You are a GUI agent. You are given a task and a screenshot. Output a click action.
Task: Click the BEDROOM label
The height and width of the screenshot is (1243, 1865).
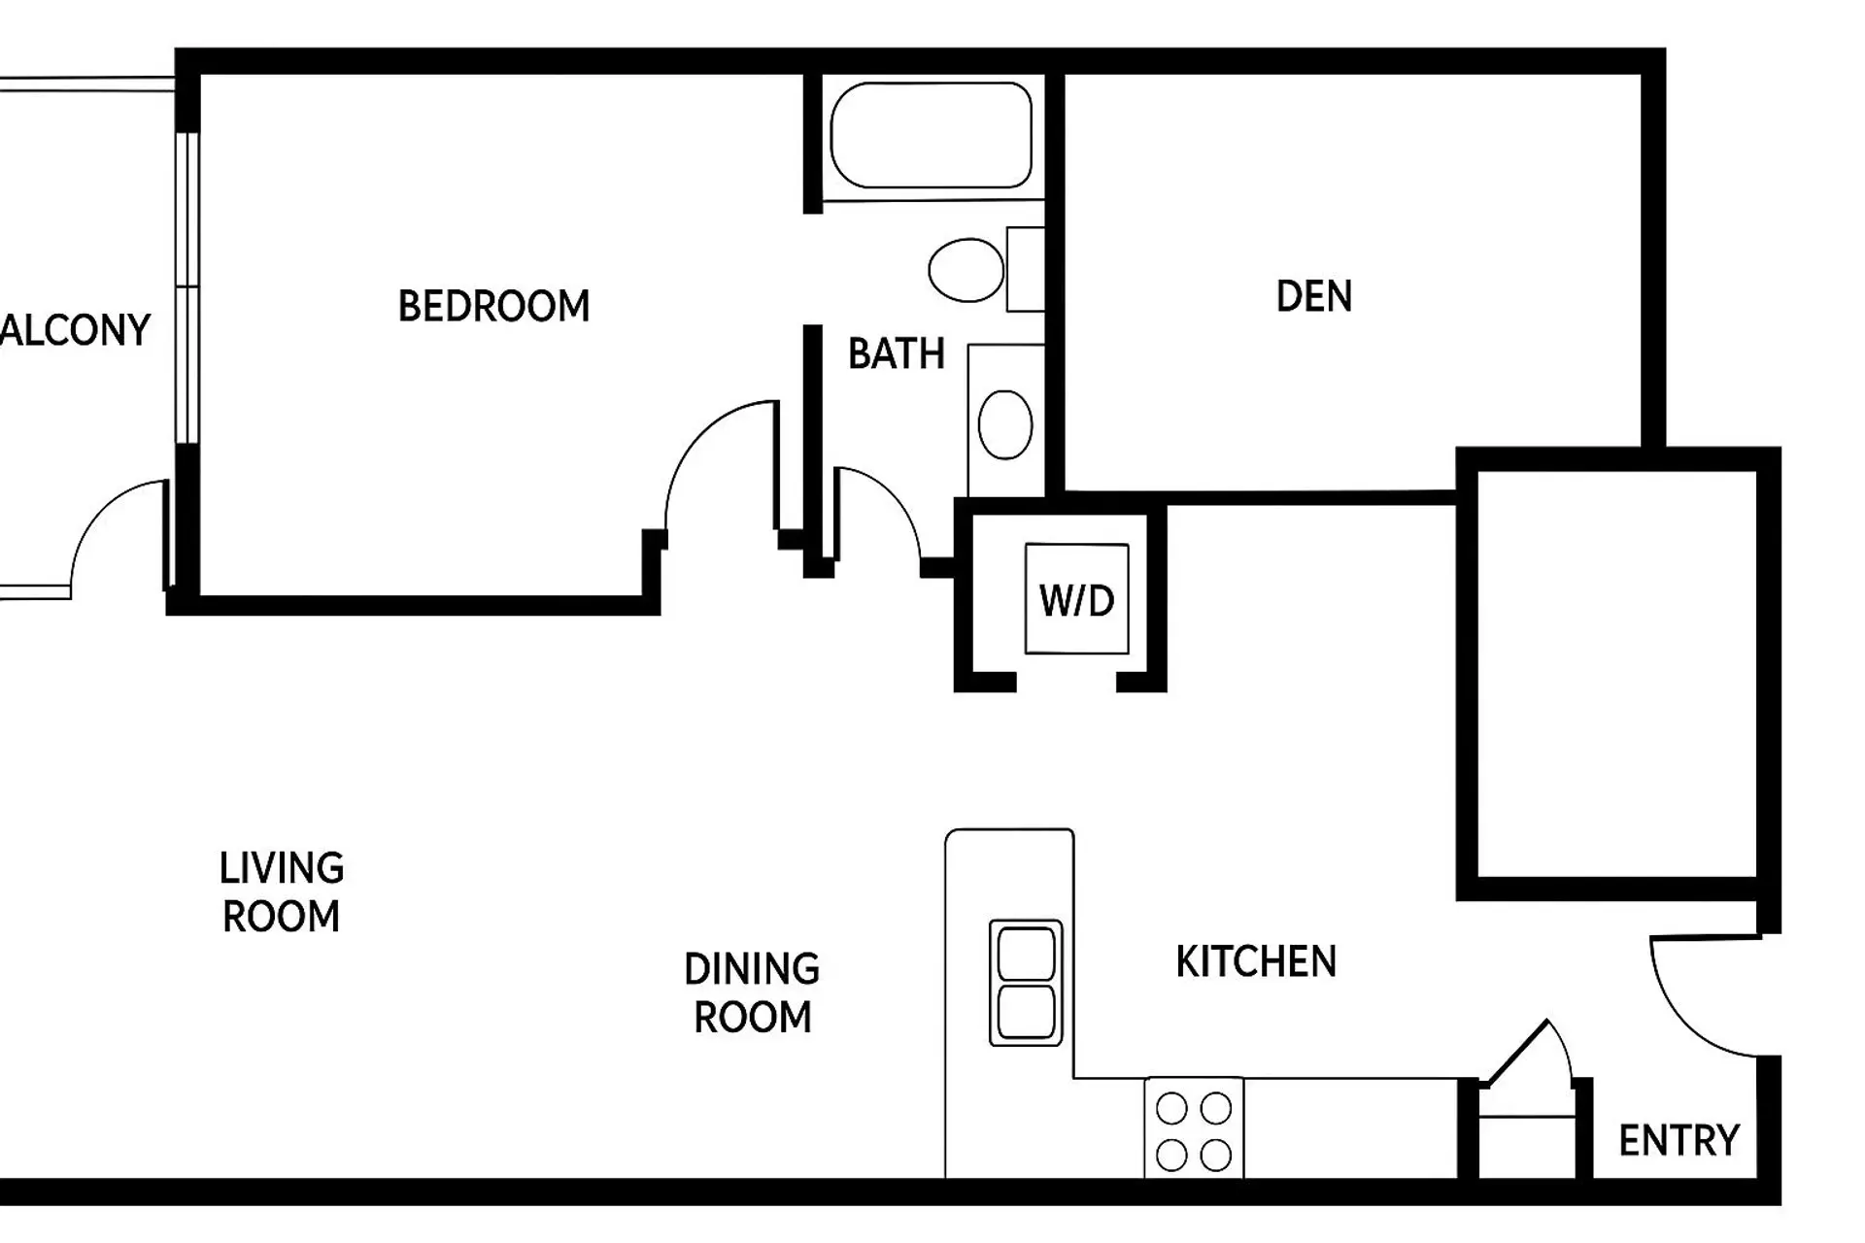[x=493, y=307]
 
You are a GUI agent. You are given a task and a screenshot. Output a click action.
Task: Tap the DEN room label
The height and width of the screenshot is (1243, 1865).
[x=1313, y=297]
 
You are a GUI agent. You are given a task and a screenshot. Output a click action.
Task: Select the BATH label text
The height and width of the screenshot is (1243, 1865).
[x=896, y=354]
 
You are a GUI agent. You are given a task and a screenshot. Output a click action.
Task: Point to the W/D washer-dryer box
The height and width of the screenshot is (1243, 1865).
[x=1076, y=599]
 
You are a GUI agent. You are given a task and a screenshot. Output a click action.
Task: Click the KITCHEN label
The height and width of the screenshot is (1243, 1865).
[x=1256, y=962]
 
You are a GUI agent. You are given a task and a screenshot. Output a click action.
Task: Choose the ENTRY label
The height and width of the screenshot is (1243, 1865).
[x=1678, y=1140]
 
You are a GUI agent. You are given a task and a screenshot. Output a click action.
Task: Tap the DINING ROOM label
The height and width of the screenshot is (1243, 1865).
[x=752, y=993]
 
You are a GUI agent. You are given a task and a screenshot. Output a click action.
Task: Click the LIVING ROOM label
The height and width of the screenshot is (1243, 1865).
[x=282, y=892]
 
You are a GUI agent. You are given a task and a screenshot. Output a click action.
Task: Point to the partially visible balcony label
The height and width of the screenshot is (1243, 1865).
[x=76, y=331]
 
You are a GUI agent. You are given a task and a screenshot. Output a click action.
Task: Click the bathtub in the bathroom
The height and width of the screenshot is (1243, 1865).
[x=931, y=135]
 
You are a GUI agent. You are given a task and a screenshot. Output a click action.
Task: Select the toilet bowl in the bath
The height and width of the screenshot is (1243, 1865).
[x=966, y=270]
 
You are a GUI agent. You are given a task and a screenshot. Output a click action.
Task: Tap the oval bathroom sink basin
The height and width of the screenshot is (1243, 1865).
[x=1005, y=424]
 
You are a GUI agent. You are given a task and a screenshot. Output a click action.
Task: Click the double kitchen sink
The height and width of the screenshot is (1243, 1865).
[x=1026, y=983]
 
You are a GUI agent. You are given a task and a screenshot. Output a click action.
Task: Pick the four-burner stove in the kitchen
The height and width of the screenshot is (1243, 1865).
[x=1194, y=1130]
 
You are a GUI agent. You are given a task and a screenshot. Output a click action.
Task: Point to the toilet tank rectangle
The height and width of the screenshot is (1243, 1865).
[x=1025, y=269]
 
